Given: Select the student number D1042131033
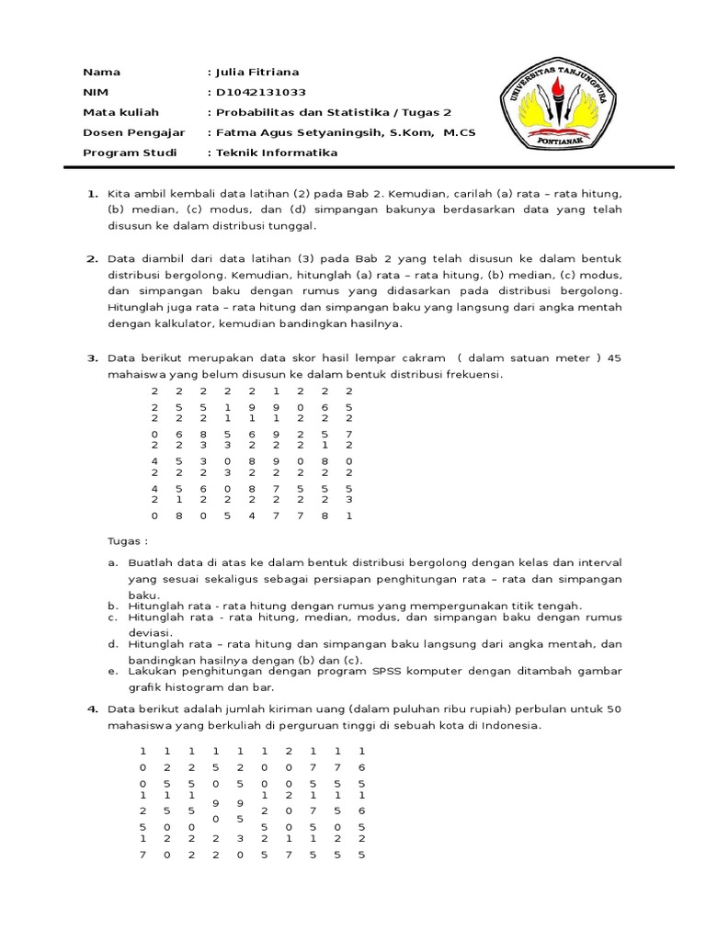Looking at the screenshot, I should (x=260, y=92).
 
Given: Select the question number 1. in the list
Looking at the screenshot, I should (x=92, y=194).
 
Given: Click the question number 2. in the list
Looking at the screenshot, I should (x=92, y=259).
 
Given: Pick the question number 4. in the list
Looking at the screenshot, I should (x=92, y=709).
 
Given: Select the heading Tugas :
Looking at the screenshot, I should (x=128, y=542).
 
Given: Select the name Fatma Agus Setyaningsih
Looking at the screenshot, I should (x=298, y=132).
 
